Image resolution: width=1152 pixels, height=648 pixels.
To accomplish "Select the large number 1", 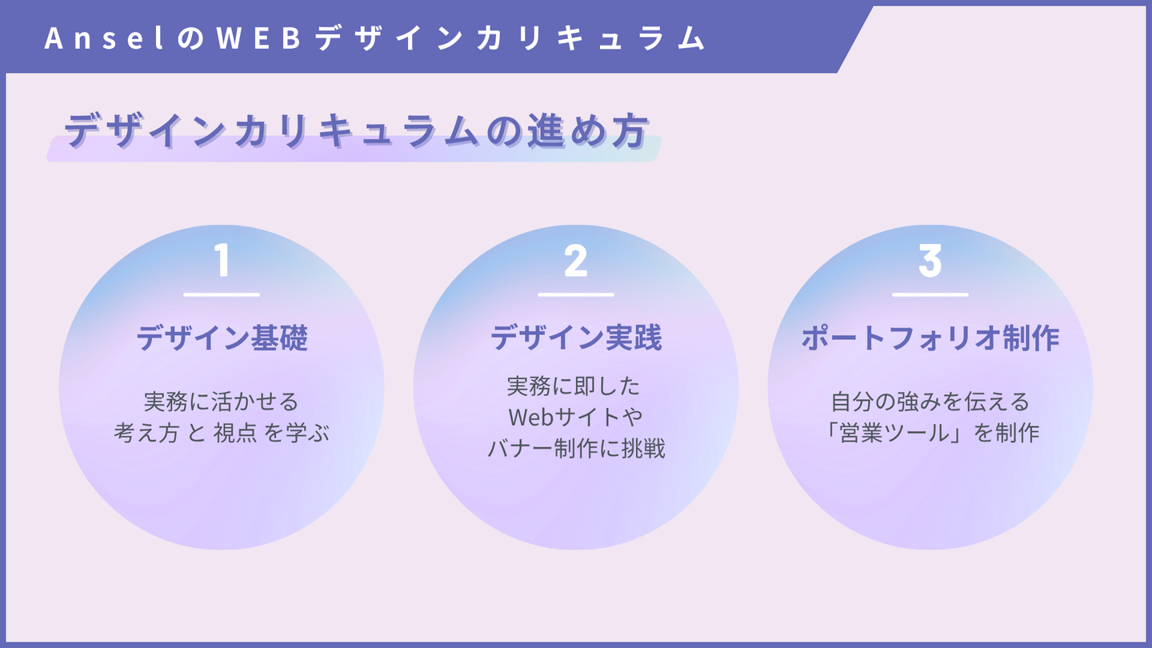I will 222,261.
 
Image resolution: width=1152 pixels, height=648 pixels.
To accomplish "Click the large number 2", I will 575,261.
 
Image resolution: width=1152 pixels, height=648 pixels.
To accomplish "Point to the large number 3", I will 930,261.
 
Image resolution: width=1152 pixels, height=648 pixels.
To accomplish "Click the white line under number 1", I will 222,294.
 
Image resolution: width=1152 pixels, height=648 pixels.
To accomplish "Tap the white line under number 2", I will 575,294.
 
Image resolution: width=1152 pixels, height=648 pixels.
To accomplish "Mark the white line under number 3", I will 930,294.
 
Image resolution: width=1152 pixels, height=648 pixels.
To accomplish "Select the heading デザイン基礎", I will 222,338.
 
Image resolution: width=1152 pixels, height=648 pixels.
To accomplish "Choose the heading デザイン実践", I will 575,338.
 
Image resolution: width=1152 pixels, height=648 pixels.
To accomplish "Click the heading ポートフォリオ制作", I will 930,338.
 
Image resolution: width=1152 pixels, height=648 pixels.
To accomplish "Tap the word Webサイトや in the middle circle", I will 575,417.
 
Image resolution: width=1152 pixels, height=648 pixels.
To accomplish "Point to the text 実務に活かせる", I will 222,400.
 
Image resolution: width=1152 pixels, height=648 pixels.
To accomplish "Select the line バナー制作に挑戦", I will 575,448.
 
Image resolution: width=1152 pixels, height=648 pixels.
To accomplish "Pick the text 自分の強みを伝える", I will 930,400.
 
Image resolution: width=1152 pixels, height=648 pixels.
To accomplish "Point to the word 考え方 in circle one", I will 146,433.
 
